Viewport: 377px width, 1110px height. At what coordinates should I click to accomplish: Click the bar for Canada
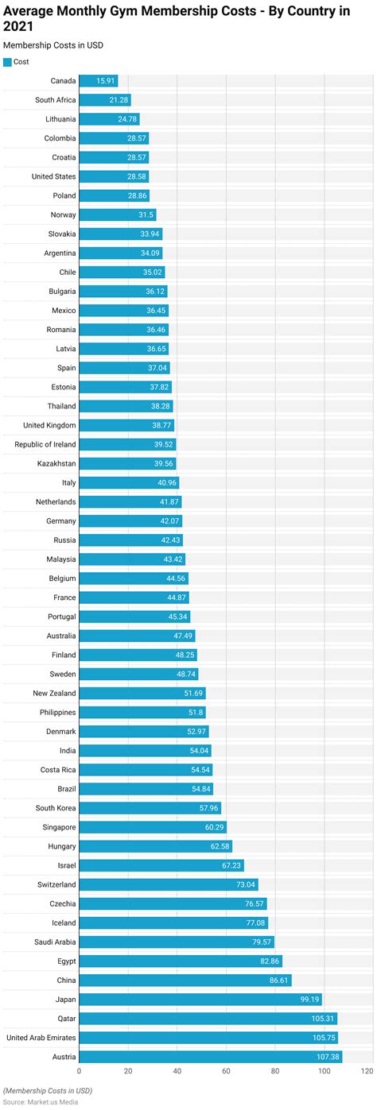click(x=98, y=81)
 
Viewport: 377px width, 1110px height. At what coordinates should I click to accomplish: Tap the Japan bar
click(x=200, y=1000)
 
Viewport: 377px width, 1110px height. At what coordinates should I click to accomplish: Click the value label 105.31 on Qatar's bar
click(x=323, y=1019)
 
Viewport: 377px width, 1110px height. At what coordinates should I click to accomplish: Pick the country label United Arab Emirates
click(x=41, y=1038)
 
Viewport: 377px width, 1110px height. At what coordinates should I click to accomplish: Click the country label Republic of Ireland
click(x=45, y=444)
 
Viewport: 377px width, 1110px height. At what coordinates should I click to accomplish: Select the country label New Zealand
click(x=54, y=693)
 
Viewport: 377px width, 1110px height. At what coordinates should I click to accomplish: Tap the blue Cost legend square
click(x=7, y=61)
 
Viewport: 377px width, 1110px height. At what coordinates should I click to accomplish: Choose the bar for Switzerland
click(x=168, y=884)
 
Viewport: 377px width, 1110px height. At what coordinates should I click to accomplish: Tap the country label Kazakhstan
click(x=56, y=463)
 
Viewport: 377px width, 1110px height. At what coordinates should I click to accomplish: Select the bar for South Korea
click(x=150, y=808)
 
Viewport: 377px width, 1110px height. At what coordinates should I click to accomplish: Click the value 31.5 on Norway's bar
click(x=144, y=215)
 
